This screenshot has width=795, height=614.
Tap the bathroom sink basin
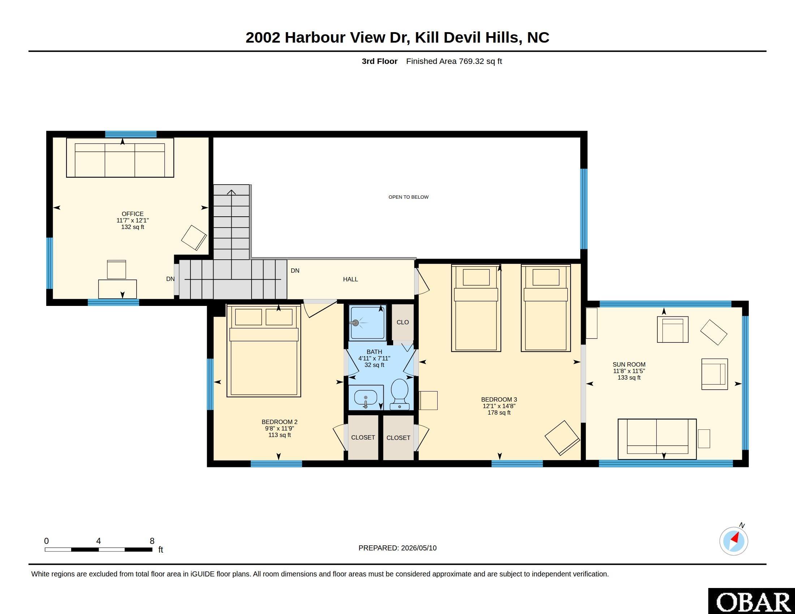click(365, 397)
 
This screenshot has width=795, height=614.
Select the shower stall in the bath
click(367, 323)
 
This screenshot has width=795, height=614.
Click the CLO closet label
click(403, 322)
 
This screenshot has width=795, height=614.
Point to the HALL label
click(350, 279)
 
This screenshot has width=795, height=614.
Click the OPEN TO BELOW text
click(408, 197)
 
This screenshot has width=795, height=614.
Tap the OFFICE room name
click(133, 214)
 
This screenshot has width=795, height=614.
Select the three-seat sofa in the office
click(120, 157)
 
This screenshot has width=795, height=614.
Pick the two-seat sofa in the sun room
click(657, 439)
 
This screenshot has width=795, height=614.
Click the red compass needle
click(735, 538)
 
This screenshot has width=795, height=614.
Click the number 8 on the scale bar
click(152, 541)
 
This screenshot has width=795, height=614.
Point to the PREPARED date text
click(397, 548)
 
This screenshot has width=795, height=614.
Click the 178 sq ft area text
click(499, 412)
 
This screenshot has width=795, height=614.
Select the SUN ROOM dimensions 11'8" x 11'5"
click(629, 371)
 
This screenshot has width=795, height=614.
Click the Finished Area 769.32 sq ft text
click(454, 61)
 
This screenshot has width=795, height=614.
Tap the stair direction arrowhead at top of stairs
click(231, 192)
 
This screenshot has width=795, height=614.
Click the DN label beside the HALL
click(295, 271)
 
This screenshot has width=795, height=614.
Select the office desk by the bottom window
click(117, 289)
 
